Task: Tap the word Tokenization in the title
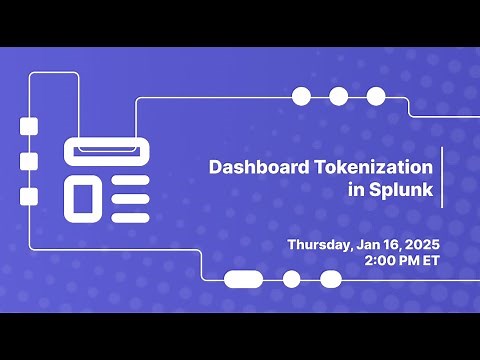tap(374, 168)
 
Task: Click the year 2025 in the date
tap(420, 244)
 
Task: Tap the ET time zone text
tap(432, 260)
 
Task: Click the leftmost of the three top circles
tap(301, 96)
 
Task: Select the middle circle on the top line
tap(339, 96)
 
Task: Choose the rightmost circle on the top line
tap(376, 96)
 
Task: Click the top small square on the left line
tap(29, 125)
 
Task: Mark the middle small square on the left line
tap(29, 161)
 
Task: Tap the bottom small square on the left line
tap(29, 196)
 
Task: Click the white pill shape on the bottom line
tap(243, 279)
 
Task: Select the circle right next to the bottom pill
tap(292, 279)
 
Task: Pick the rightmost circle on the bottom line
tap(329, 279)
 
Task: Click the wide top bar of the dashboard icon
tap(107, 151)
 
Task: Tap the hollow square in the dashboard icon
tap(83, 196)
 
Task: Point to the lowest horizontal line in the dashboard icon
tap(130, 215)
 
